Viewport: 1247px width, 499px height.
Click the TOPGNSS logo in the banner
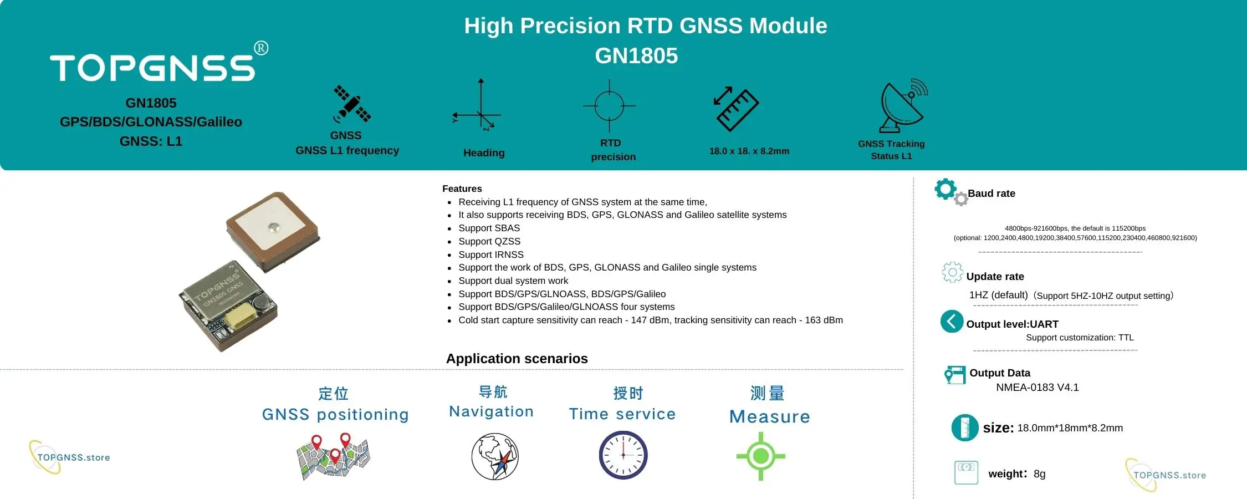click(x=152, y=68)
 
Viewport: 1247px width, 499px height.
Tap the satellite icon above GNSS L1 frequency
click(x=351, y=104)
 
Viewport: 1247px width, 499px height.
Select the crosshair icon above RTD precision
click(x=609, y=106)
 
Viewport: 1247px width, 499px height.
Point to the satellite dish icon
click(x=902, y=106)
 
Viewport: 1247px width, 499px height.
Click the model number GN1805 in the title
click(x=636, y=56)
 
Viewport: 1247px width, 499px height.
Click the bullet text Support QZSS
click(x=489, y=241)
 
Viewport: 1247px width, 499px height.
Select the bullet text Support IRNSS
click(x=490, y=254)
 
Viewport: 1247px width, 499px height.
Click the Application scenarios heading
click(x=517, y=359)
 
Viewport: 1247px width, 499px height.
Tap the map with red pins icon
click(x=333, y=457)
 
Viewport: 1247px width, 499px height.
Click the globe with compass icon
click(x=494, y=456)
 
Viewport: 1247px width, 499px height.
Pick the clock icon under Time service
click(x=623, y=455)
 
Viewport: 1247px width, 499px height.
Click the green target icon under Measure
click(x=760, y=456)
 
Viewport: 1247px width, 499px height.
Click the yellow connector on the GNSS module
click(x=239, y=318)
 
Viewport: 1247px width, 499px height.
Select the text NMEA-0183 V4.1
click(x=1037, y=388)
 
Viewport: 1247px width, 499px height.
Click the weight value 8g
click(x=1039, y=474)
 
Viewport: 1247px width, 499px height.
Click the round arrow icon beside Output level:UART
click(x=952, y=322)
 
